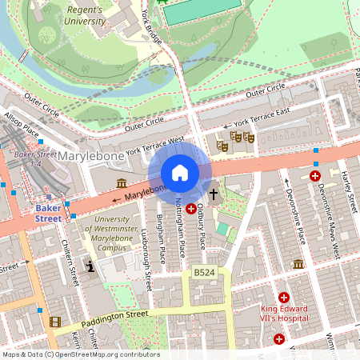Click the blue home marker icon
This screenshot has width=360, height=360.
point(180,173)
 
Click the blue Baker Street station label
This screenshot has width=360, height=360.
point(47,213)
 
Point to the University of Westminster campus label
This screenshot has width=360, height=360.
point(111,234)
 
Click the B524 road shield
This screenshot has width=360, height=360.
point(204,274)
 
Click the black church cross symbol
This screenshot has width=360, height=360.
point(214,194)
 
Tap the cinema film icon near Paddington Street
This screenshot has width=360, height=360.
point(54,322)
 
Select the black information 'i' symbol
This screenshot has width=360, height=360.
point(90,266)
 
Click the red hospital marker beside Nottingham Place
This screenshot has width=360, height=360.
point(191,209)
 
